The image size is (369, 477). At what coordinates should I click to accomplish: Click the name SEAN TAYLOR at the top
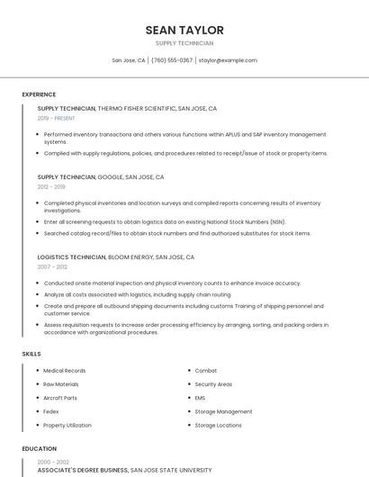click(184, 31)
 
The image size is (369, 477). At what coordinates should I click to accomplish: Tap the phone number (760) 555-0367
click(172, 60)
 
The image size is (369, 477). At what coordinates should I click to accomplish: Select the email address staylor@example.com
click(228, 60)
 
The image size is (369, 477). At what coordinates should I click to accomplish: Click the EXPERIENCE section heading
click(39, 94)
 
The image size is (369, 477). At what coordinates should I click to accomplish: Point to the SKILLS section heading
click(31, 354)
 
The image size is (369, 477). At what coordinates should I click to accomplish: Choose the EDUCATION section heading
click(40, 448)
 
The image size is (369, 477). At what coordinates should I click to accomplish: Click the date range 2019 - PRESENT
click(56, 118)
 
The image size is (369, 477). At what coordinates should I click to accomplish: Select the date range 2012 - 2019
click(51, 186)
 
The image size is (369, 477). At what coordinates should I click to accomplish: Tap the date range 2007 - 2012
click(52, 266)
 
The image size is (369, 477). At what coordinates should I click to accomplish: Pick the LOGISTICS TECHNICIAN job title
click(71, 257)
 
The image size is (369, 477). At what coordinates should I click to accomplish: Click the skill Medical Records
click(65, 371)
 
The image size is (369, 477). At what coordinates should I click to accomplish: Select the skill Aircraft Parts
click(60, 398)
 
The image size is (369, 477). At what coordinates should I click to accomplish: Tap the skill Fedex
click(52, 411)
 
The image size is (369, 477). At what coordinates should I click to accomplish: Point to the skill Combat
click(206, 371)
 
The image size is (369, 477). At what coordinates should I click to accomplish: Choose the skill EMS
click(201, 398)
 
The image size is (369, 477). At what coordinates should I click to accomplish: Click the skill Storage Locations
click(219, 425)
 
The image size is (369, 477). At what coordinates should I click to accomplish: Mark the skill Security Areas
click(213, 384)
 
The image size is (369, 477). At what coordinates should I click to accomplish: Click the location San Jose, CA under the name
click(129, 60)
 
